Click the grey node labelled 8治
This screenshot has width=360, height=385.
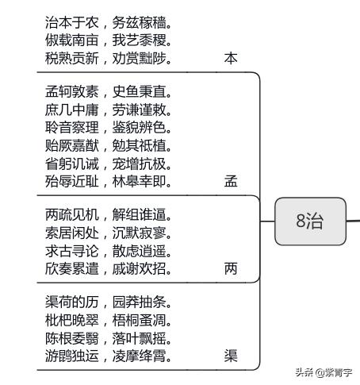[x=310, y=221]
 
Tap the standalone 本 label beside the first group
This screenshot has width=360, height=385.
[x=231, y=58]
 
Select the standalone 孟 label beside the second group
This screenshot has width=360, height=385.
[x=231, y=182]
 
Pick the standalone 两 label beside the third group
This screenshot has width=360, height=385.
[x=231, y=269]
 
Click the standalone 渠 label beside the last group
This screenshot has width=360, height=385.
[x=231, y=356]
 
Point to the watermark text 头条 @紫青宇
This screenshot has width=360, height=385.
[x=324, y=372]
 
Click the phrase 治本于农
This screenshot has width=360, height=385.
[x=72, y=22]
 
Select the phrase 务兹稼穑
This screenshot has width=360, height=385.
[x=140, y=22]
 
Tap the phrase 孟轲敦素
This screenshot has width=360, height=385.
[x=72, y=91]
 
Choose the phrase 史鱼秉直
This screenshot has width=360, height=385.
[x=140, y=91]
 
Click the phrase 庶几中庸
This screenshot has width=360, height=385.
[x=72, y=110]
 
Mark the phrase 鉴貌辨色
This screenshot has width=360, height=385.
[x=140, y=128]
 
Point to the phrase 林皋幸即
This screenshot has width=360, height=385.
[x=140, y=182]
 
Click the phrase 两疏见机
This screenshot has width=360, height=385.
[x=72, y=214]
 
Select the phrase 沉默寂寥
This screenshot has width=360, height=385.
[x=140, y=233]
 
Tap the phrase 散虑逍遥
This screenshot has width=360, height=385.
[x=140, y=251]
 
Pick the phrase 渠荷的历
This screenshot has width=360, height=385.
[x=72, y=302]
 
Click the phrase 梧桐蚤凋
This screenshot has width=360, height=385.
[x=140, y=320]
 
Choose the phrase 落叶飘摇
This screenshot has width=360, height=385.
[x=140, y=338]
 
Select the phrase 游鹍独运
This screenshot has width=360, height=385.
[x=72, y=356]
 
